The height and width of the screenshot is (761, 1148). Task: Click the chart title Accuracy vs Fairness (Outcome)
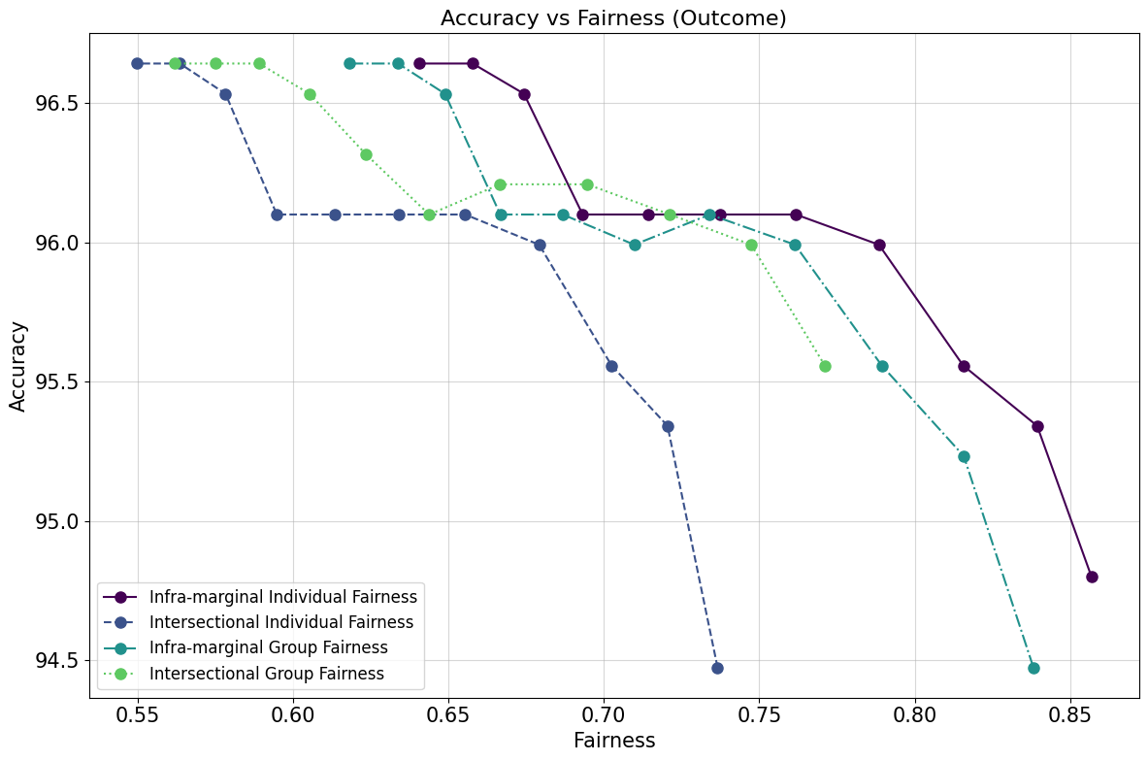coord(613,17)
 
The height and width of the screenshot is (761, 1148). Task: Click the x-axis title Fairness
coord(613,741)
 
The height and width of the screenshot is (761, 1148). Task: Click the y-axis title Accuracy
coord(18,366)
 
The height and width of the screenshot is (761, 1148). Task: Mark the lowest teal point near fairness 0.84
coord(1033,668)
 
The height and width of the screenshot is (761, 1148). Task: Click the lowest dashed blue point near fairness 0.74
coord(717,668)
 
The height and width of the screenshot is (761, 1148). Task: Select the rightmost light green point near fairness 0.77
coord(825,366)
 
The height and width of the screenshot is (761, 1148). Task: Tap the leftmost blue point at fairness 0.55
coord(138,63)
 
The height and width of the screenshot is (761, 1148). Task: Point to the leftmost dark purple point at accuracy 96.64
coord(419,63)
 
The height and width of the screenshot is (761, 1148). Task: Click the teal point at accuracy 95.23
coord(964,456)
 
